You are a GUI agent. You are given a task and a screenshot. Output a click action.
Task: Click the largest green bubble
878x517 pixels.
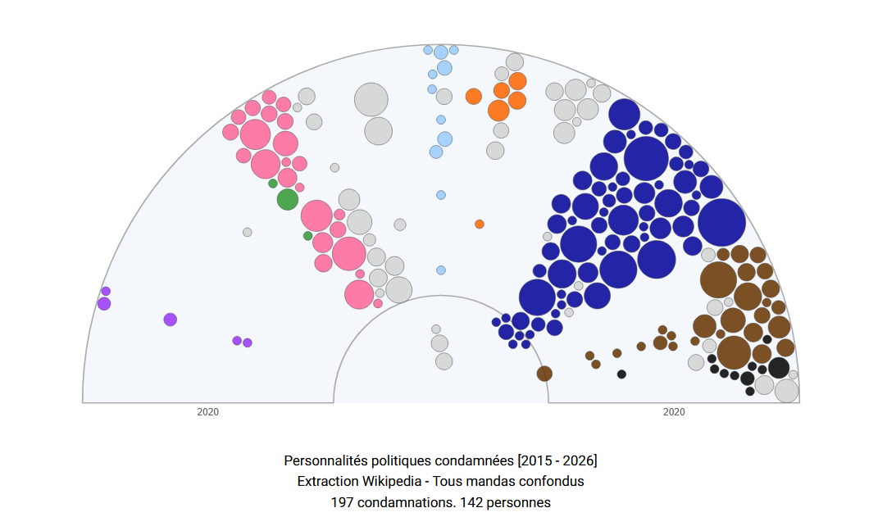[287, 199]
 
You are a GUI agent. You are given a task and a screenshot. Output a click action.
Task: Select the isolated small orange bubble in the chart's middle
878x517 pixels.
[480, 224]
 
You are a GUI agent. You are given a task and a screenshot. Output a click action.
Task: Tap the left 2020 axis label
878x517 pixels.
[208, 412]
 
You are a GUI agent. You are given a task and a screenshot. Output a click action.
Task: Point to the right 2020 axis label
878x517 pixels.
[674, 412]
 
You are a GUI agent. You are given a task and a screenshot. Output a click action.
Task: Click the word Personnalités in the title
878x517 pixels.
[322, 460]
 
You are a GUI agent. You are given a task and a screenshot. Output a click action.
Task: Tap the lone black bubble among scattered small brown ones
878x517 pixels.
[621, 374]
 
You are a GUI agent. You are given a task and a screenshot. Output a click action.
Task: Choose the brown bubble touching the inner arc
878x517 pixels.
[544, 374]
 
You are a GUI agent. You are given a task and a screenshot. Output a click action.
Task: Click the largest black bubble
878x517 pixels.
[779, 368]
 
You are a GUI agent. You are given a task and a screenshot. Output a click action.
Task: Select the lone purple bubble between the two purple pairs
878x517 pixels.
[170, 320]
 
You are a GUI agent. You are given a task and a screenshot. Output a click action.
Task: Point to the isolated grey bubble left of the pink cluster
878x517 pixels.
[248, 232]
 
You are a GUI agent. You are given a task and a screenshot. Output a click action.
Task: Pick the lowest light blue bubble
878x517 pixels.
[441, 270]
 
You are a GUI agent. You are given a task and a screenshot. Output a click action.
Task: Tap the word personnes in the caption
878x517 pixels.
[521, 501]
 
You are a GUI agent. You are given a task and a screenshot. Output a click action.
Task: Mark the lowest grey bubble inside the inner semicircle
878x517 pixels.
[444, 361]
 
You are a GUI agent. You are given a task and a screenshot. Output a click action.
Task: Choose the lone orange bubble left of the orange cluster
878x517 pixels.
[473, 97]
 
